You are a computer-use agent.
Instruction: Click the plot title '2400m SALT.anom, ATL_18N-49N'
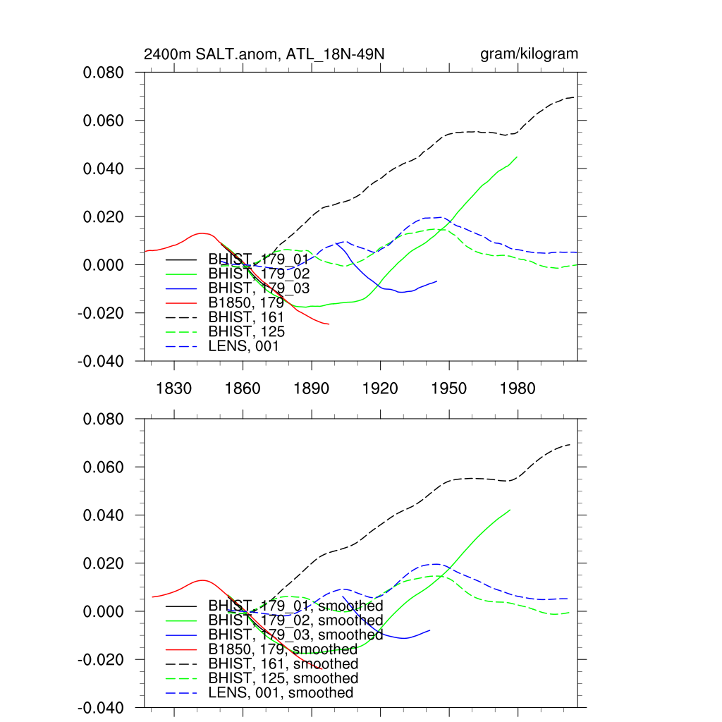(x=264, y=54)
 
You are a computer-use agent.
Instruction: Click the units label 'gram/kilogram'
(x=529, y=54)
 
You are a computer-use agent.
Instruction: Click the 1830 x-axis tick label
(x=174, y=388)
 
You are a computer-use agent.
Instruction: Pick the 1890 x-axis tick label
(x=312, y=388)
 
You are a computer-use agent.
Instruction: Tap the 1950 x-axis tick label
(x=449, y=388)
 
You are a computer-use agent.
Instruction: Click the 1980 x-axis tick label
(x=518, y=388)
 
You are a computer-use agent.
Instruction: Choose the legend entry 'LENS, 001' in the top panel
(x=243, y=346)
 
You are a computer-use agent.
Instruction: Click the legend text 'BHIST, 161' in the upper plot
(x=246, y=317)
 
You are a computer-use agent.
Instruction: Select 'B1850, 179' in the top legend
(x=246, y=302)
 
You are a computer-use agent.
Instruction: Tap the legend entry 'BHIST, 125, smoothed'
(x=283, y=678)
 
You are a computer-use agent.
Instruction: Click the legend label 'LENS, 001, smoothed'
(x=281, y=693)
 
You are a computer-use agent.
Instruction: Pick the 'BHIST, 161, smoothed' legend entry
(x=283, y=663)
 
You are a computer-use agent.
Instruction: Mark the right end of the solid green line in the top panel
(x=518, y=157)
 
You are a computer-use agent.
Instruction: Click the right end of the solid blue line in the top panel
(x=437, y=281)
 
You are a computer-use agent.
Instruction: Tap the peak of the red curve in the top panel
(x=202, y=233)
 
